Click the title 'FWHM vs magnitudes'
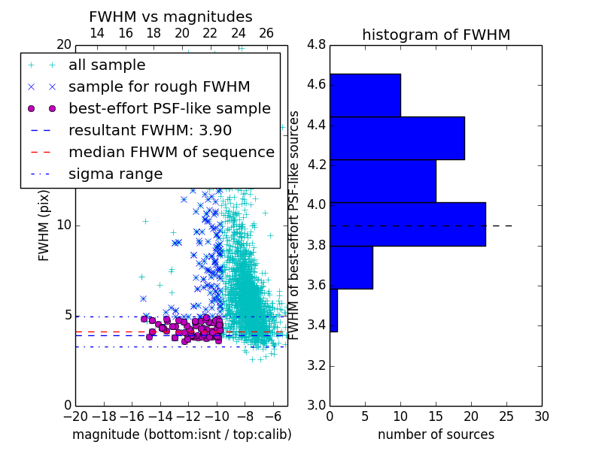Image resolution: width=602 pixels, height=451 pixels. click(x=171, y=17)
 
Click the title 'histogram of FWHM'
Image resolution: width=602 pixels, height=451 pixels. click(x=436, y=35)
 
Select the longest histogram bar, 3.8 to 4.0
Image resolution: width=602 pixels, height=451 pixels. click(x=408, y=224)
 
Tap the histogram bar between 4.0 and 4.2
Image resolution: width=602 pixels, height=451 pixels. click(x=383, y=181)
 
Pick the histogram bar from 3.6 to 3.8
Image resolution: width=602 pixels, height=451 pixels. click(x=351, y=268)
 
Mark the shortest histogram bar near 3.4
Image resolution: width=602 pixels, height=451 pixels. click(x=333, y=310)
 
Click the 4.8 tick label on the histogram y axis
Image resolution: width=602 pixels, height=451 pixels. click(x=316, y=45)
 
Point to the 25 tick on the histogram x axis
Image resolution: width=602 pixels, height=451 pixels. click(x=506, y=416)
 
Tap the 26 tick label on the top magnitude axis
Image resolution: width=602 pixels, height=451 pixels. click(x=266, y=33)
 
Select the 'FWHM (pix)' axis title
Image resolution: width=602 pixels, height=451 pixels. click(x=44, y=226)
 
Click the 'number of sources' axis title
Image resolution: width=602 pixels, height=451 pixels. click(x=436, y=434)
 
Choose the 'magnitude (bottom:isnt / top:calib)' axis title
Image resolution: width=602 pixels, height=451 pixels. click(x=182, y=434)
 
